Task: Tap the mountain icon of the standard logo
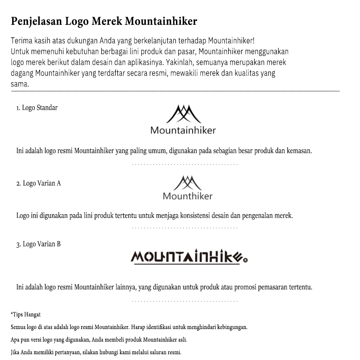point(183,114)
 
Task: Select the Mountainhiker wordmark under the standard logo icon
point(183,130)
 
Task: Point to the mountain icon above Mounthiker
point(187,183)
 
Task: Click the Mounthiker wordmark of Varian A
point(187,196)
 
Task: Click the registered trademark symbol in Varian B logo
point(245,259)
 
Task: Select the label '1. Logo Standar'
point(37,108)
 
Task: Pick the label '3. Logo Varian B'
point(38,244)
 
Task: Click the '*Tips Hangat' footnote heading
point(25,314)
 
